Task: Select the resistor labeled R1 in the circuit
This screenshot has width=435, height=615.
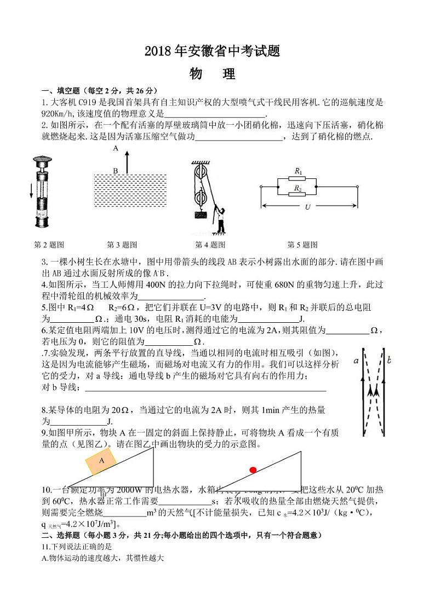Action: (x=298, y=179)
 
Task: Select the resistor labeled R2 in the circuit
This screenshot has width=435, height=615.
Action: (x=298, y=194)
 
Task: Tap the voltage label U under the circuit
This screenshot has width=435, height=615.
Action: (x=307, y=207)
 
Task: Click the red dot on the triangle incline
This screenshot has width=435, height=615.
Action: (x=253, y=469)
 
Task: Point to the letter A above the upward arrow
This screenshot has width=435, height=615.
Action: (x=116, y=148)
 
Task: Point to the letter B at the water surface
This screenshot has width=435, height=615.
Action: (x=116, y=171)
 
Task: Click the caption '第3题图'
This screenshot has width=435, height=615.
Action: (x=122, y=245)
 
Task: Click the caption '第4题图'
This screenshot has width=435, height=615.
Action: (x=210, y=245)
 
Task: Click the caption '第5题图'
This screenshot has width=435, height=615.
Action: (x=302, y=245)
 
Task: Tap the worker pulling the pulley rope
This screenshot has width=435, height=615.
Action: (x=220, y=219)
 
